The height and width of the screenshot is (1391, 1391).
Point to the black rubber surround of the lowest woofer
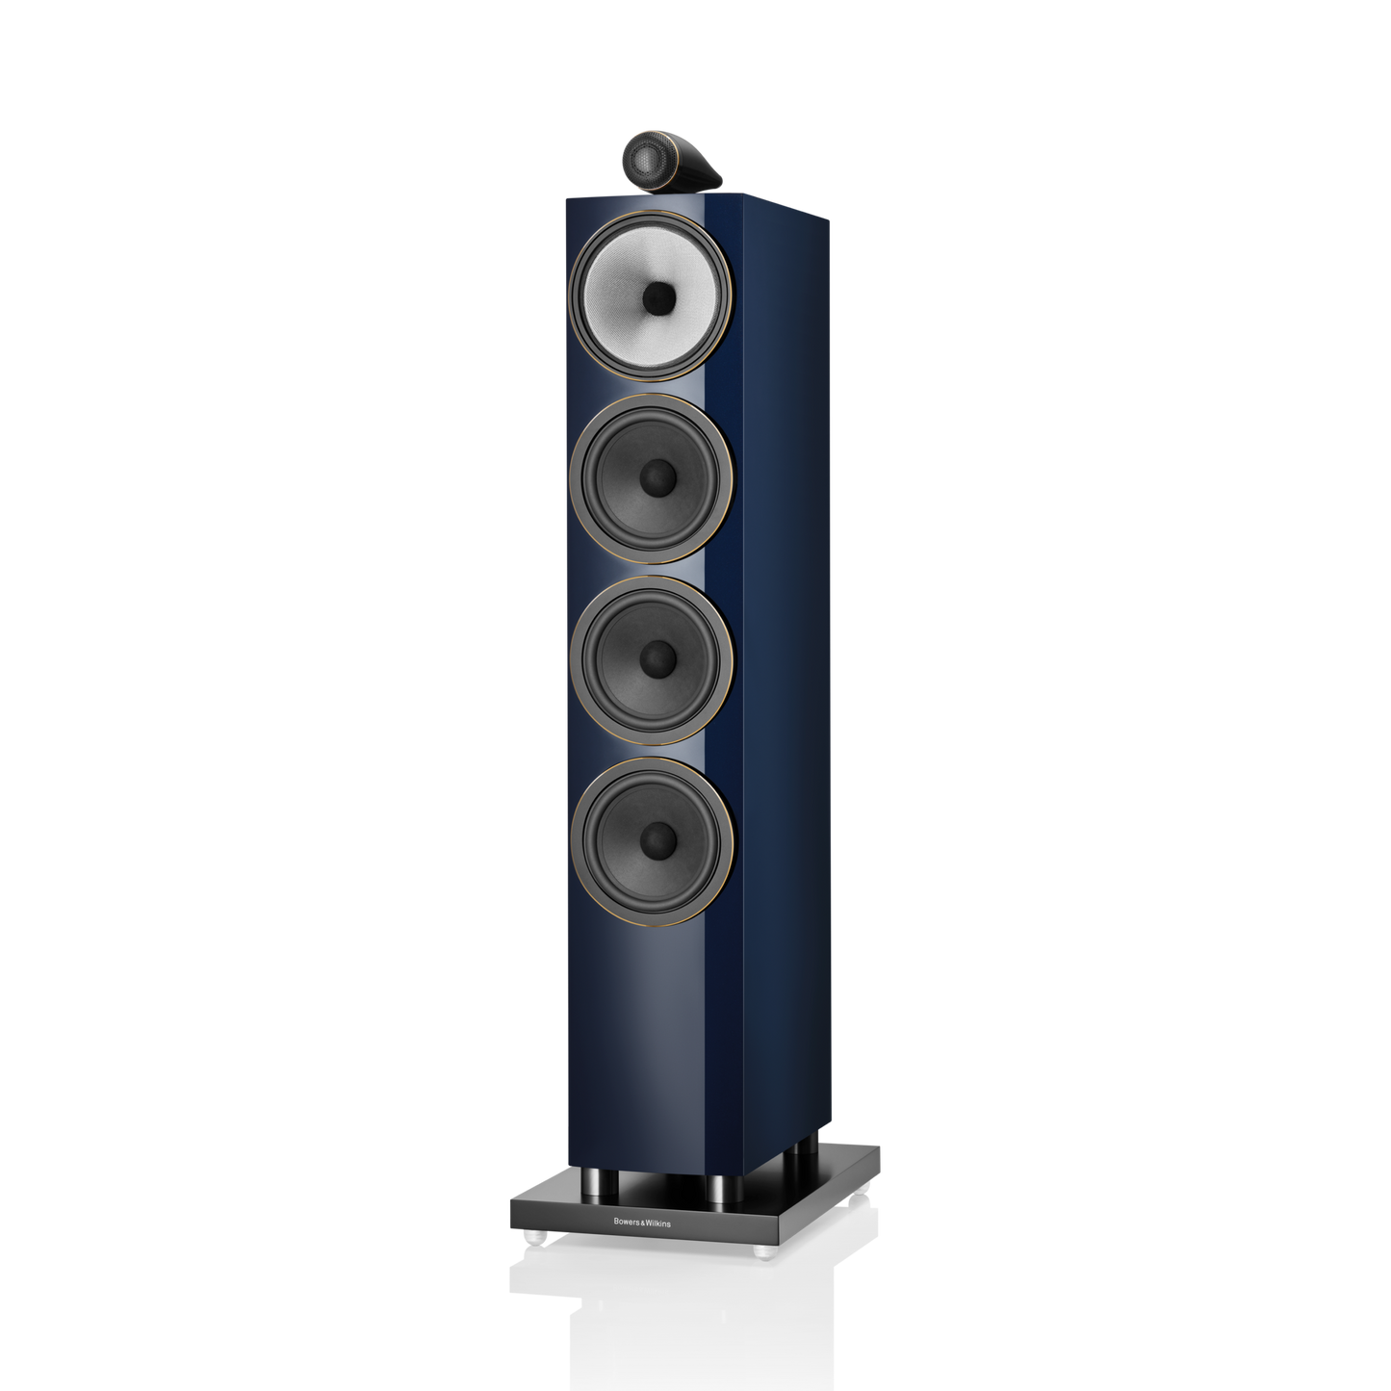point(589,837)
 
